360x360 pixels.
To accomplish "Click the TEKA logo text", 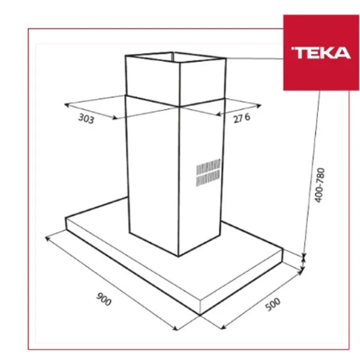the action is coord(321,53).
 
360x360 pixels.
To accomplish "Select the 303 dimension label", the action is coord(86,119).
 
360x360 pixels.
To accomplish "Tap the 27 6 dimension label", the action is coord(242,118).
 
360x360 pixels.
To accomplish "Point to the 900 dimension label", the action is coord(104,299).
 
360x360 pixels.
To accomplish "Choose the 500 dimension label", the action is coord(273,304).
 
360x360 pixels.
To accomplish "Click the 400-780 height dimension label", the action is coord(319,185).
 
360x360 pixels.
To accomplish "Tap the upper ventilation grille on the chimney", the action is coord(208,166).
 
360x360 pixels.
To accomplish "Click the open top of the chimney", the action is coord(176,57).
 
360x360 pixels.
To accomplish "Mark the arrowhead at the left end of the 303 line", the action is coord(66,105).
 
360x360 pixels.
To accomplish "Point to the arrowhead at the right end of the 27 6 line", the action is coord(259,105).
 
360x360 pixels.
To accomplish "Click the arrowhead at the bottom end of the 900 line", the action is coord(176,329).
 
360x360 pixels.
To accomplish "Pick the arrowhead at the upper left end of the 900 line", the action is coord(47,238).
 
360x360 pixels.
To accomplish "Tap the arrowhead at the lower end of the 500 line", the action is coord(223,328).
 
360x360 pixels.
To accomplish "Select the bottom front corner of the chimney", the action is coord(178,256).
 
